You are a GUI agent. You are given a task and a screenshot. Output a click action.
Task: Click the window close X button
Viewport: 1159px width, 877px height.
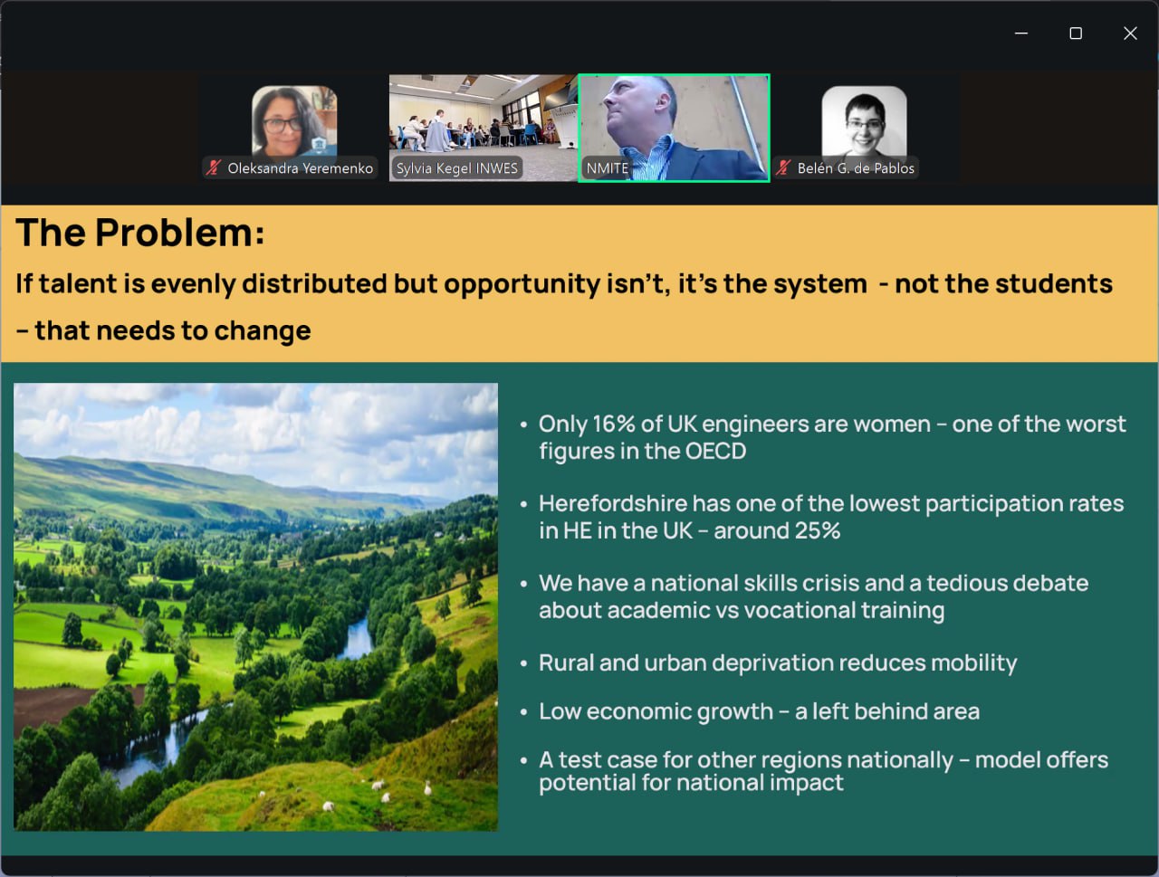[x=1130, y=33]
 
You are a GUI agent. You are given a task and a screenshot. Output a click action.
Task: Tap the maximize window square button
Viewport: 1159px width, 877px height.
[x=1076, y=33]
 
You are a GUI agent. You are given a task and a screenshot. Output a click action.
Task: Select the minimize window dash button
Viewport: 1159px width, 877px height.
[x=1021, y=33]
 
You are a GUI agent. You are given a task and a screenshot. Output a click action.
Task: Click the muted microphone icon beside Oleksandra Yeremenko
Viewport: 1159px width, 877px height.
[x=214, y=167]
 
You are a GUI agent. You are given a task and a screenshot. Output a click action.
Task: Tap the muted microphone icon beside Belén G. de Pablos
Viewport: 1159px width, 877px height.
[x=783, y=167]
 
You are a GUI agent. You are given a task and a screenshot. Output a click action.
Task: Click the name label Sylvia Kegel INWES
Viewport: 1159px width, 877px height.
[x=456, y=168]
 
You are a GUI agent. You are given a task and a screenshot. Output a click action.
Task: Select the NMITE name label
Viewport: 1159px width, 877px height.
[x=608, y=168]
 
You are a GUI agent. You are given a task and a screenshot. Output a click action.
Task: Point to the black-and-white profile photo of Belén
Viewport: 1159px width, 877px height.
[x=864, y=122]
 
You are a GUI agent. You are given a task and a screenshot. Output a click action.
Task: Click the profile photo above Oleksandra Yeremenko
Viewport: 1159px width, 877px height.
[x=294, y=122]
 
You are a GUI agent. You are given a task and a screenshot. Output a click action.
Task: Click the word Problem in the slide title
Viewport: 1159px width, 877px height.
[x=180, y=233]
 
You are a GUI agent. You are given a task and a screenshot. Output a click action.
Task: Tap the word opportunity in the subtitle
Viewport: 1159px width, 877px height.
[x=522, y=285]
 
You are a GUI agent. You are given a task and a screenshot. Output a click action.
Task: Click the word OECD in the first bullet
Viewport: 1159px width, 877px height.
[x=715, y=451]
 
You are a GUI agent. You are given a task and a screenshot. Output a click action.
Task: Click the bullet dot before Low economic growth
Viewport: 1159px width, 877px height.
[x=523, y=712]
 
